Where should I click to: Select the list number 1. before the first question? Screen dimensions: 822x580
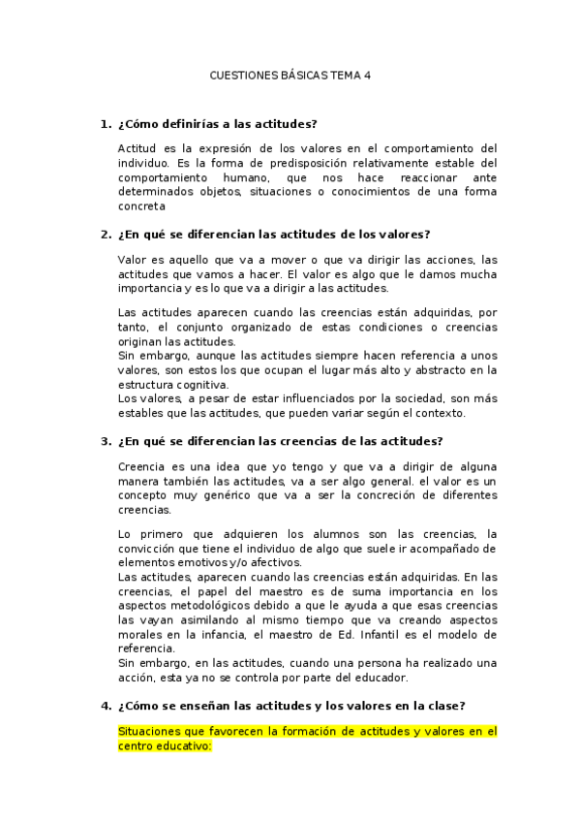106,124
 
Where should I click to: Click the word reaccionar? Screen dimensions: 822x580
409,177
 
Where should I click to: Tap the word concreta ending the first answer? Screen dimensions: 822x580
141,205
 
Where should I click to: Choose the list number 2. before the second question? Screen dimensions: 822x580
106,235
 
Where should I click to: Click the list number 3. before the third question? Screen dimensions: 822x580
106,441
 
